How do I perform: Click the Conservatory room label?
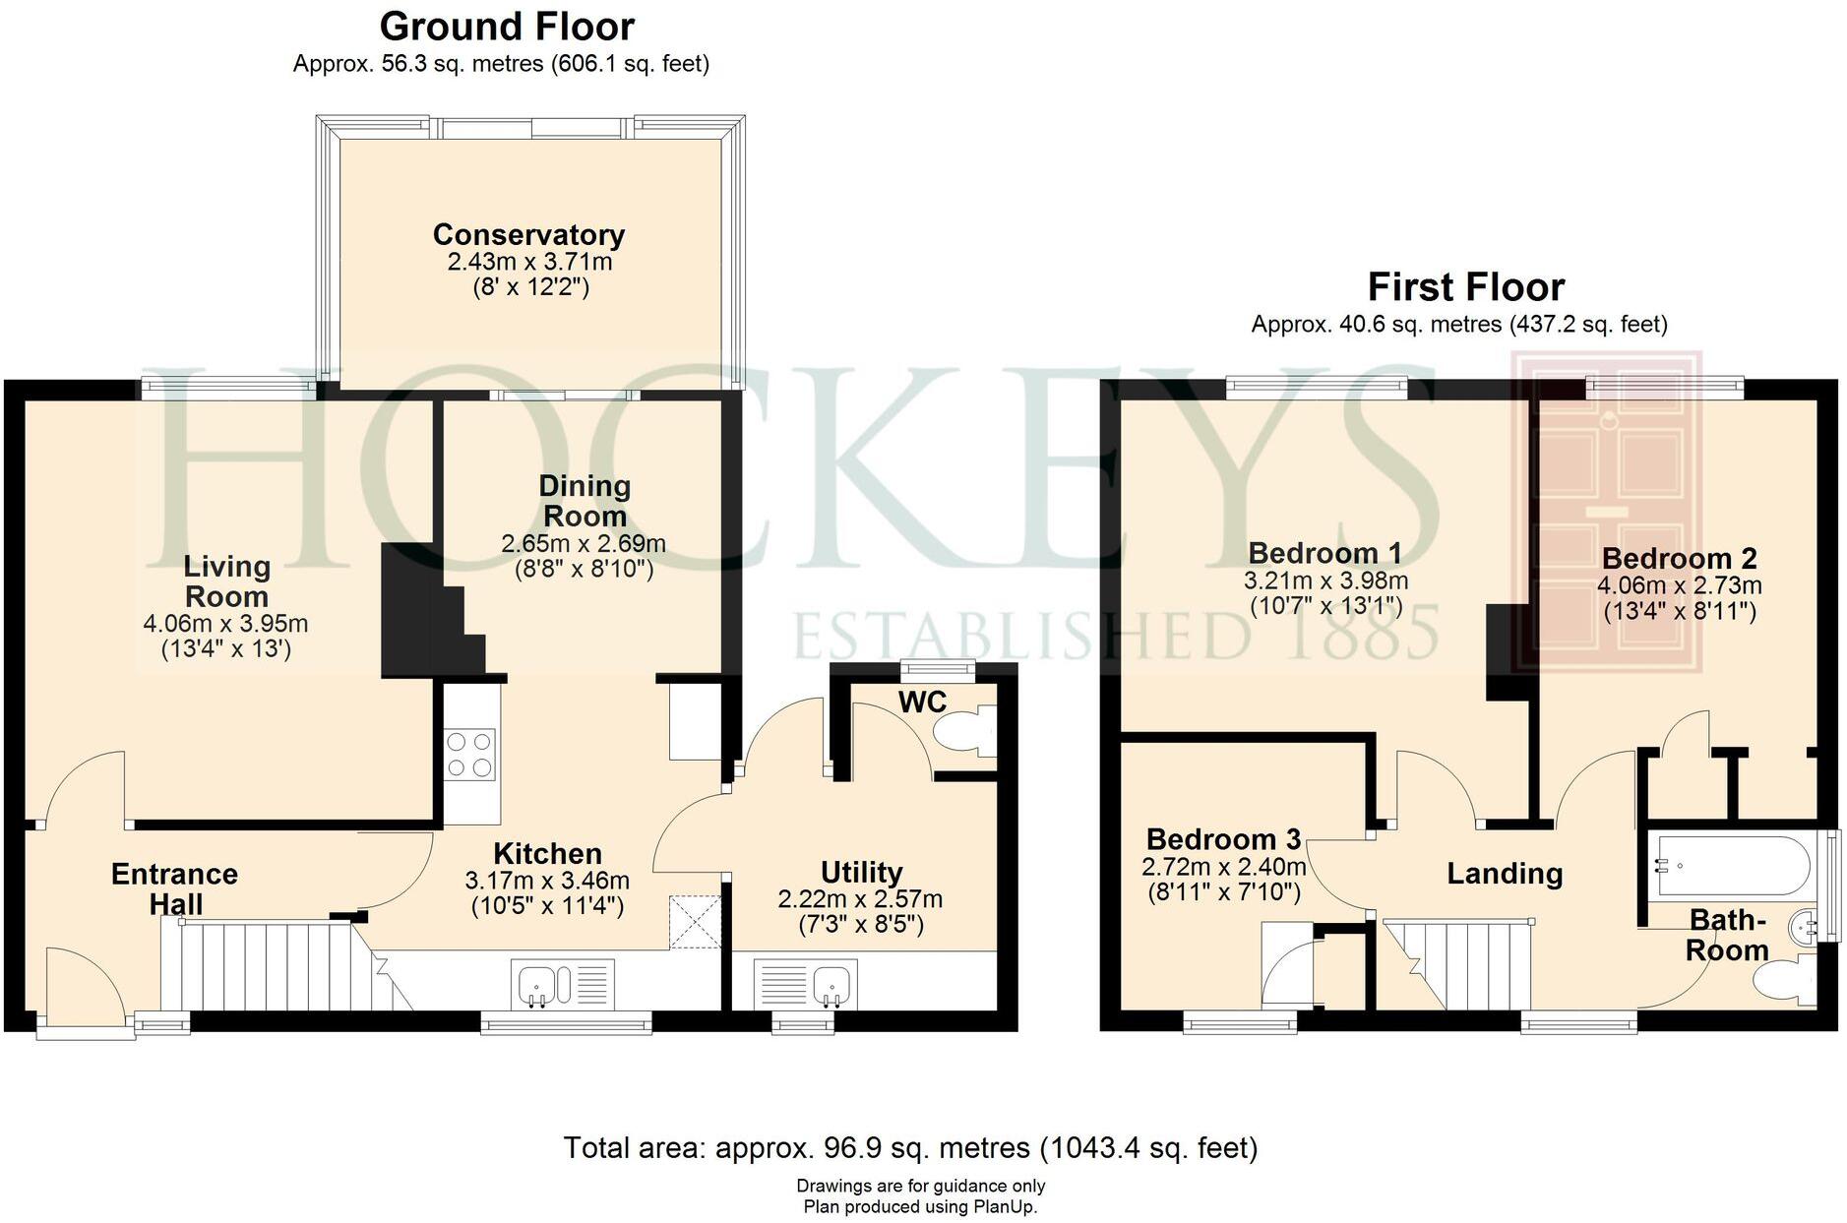click(528, 235)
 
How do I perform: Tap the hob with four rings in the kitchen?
click(470, 755)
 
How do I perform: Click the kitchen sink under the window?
click(539, 984)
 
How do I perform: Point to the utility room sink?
click(831, 984)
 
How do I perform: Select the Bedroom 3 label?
click(1223, 839)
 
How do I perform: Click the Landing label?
click(1505, 874)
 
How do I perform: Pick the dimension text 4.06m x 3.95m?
click(225, 624)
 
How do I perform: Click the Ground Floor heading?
click(507, 26)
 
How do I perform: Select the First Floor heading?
click(1465, 287)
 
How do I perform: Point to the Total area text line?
click(910, 1147)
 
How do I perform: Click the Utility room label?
click(861, 873)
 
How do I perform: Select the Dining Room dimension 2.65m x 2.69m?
click(584, 544)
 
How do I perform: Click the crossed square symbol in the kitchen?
click(695, 923)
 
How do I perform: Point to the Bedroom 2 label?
click(1679, 559)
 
